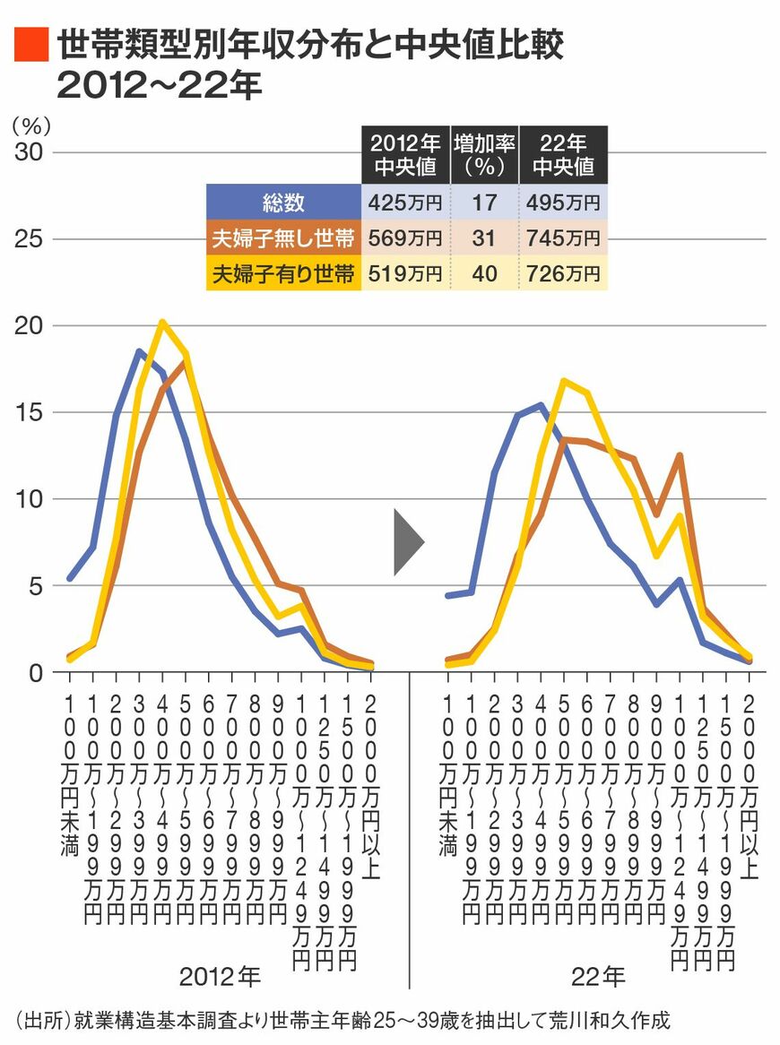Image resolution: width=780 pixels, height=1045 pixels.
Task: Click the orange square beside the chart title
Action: coord(31,45)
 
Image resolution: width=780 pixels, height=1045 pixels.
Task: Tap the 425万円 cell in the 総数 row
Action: coord(404,203)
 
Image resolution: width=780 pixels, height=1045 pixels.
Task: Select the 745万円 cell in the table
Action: coord(564,238)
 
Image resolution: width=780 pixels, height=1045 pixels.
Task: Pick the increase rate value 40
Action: coord(484,273)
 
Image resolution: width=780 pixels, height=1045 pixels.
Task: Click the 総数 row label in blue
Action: coord(283,203)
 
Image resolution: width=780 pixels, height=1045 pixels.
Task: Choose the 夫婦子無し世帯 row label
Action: coord(283,238)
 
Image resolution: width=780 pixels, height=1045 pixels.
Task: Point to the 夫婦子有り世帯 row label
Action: coord(283,273)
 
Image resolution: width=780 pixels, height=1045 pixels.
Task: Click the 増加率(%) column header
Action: coord(484,154)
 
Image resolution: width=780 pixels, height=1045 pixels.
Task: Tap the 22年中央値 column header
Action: coord(564,154)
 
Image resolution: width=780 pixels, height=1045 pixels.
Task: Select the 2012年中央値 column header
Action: coord(404,154)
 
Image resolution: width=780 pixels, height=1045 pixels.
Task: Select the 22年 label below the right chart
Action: coord(598,975)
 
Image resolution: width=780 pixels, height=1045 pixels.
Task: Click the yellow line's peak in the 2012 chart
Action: coord(162,322)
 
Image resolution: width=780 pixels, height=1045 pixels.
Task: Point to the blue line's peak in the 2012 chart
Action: coord(140,351)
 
